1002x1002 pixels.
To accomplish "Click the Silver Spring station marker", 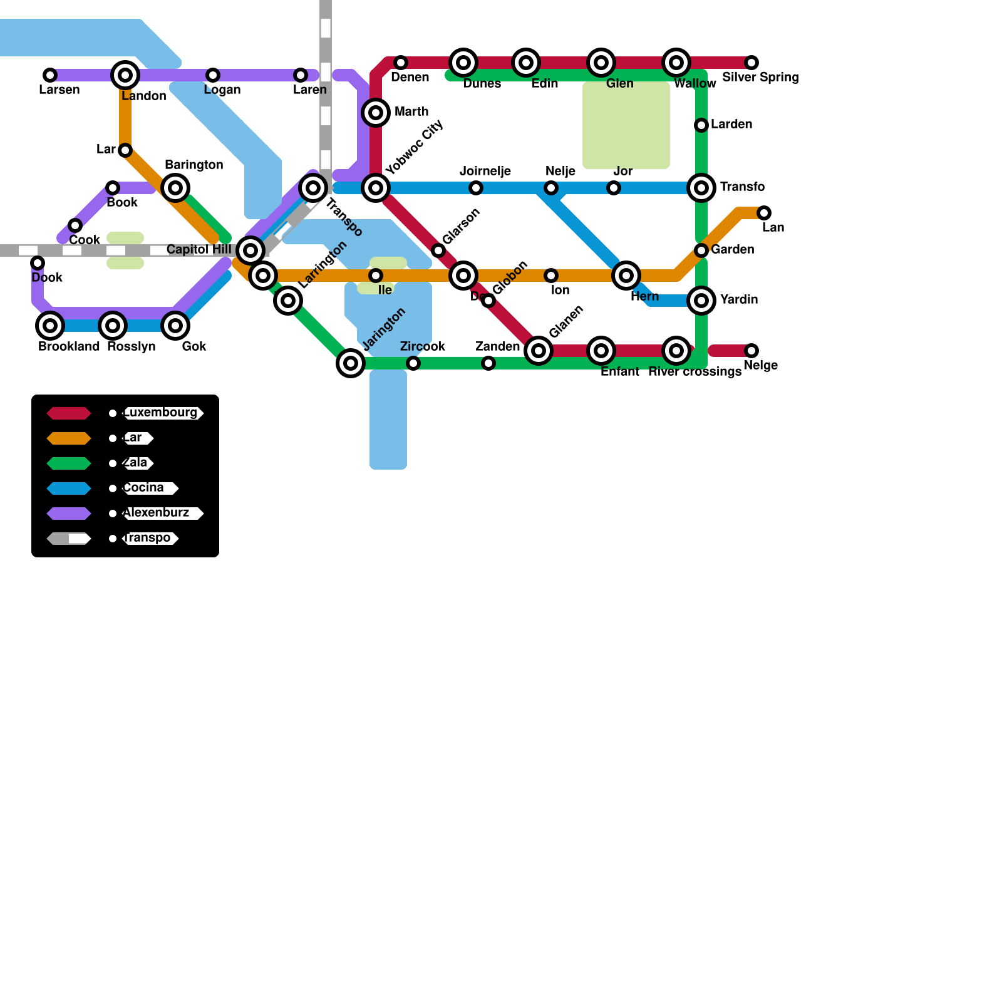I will (x=751, y=63).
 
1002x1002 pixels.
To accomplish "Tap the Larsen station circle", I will (x=50, y=75).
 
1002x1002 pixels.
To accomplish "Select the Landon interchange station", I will (x=125, y=75).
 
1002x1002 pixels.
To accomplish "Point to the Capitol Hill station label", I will (x=199, y=249).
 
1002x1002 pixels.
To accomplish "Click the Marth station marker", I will (x=376, y=113).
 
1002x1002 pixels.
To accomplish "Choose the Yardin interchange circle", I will (x=701, y=301).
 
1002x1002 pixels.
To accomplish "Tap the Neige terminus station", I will (x=751, y=351).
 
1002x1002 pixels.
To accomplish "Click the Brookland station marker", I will (x=50, y=326).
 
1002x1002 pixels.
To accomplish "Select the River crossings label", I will (x=695, y=371).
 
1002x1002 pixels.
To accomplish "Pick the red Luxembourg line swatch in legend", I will (x=69, y=413).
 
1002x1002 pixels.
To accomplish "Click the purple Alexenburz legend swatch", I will (x=69, y=514).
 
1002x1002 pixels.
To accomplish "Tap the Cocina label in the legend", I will (x=145, y=488).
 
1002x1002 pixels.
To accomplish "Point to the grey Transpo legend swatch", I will (x=69, y=539).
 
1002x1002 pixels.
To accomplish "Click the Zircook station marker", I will (x=413, y=363).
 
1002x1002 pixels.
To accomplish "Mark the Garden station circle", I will (x=701, y=250).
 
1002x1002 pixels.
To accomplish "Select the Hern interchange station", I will (x=626, y=276).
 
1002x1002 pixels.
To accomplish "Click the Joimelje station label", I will (x=485, y=172).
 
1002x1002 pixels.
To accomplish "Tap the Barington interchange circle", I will (x=175, y=188).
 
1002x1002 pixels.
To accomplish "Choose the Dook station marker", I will (x=38, y=263).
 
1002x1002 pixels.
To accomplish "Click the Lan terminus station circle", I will (x=764, y=213).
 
